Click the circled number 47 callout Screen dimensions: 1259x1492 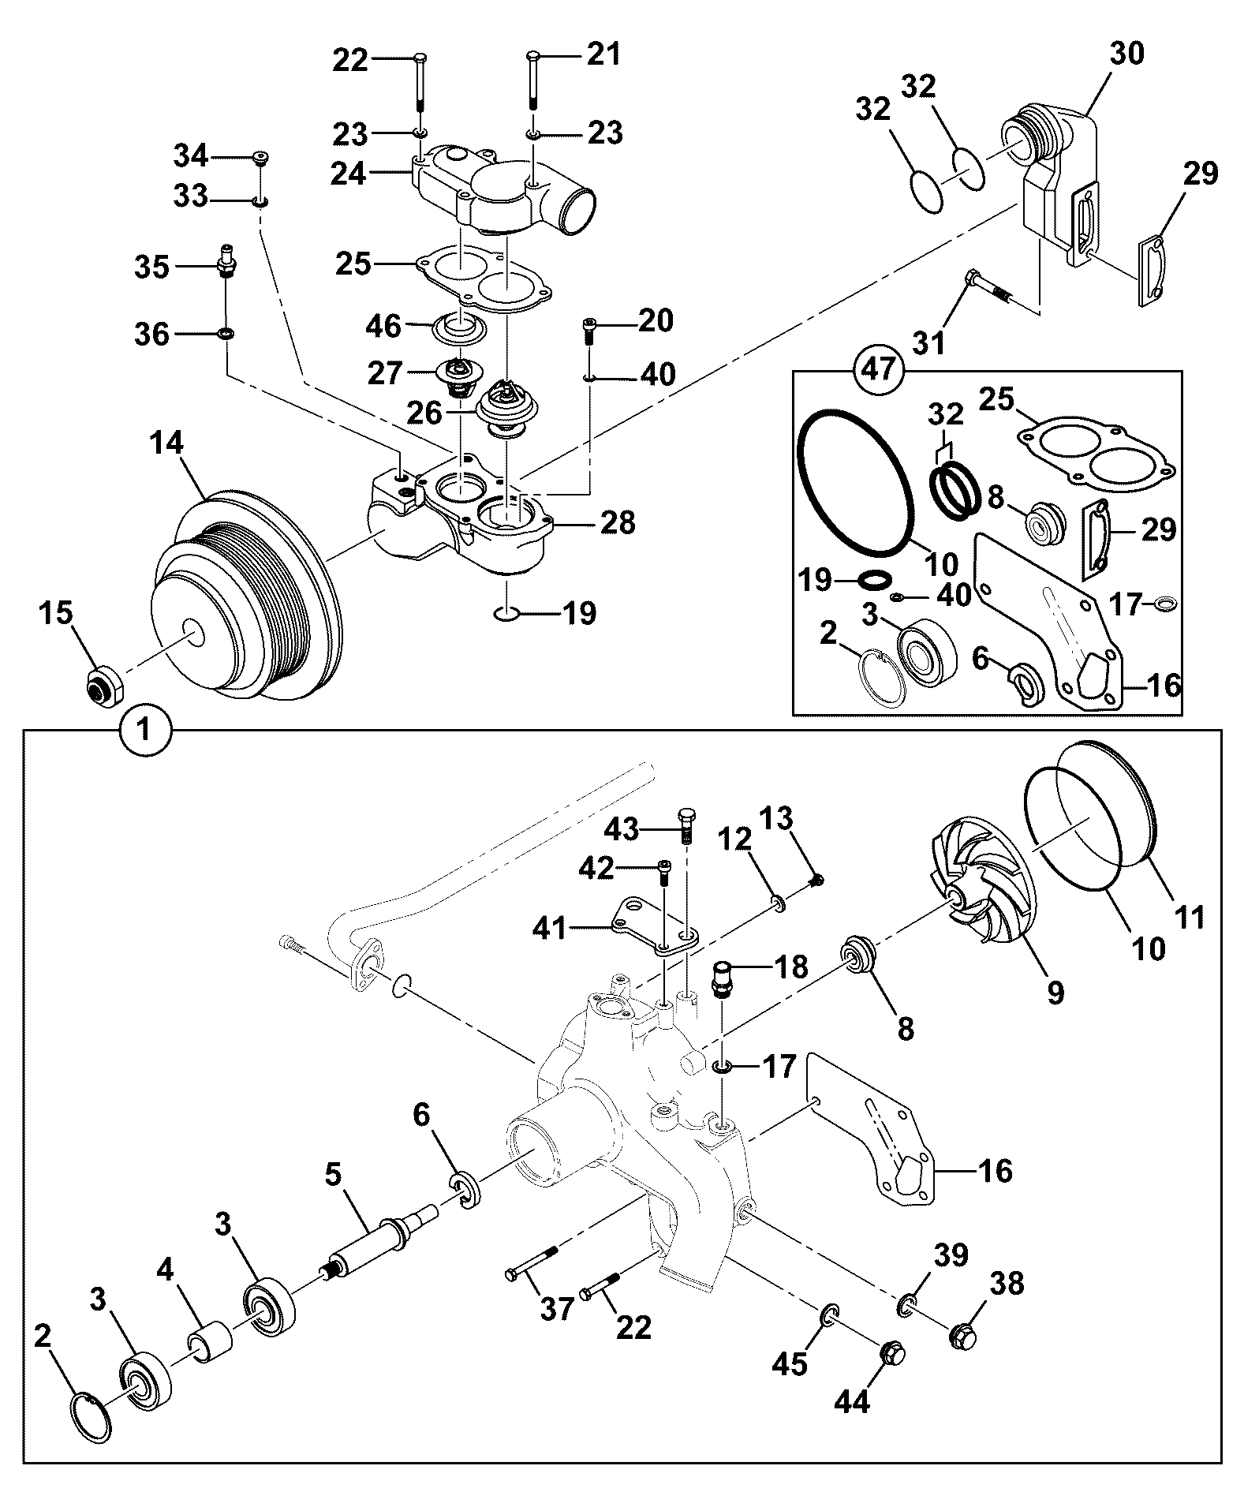[x=880, y=368]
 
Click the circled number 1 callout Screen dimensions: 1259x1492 [x=144, y=731]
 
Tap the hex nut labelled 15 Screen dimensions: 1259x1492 [x=103, y=683]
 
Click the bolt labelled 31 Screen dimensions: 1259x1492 [x=988, y=287]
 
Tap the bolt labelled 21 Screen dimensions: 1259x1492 [x=533, y=82]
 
